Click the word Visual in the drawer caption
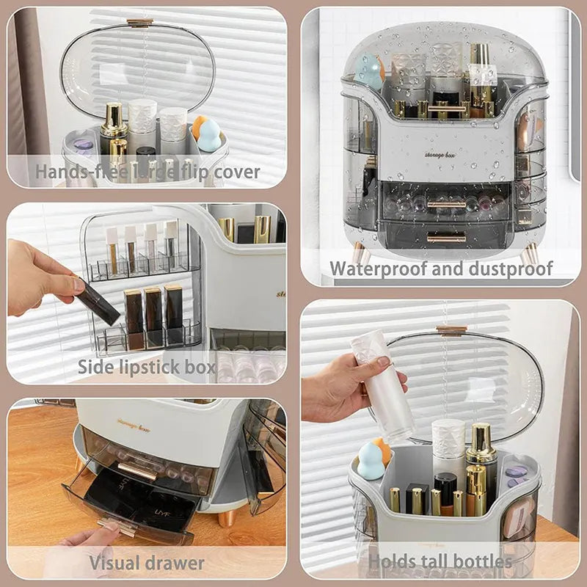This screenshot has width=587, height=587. (115, 564)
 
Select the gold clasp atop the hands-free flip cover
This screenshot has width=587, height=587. (139, 23)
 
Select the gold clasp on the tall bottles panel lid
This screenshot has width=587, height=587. (451, 330)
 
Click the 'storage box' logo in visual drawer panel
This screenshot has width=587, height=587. (133, 425)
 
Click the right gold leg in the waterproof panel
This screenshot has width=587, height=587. (531, 254)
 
